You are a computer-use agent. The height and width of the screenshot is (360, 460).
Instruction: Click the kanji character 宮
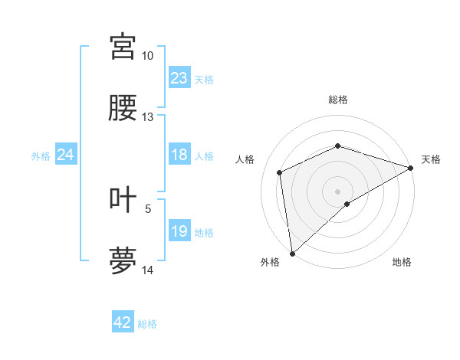click(123, 47)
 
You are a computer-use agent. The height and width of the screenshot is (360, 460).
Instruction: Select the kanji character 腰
click(123, 109)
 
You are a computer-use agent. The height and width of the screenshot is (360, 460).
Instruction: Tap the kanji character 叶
click(123, 200)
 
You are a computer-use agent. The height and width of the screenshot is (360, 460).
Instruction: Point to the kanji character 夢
click(123, 260)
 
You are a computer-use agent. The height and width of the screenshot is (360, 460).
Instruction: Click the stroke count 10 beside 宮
click(147, 56)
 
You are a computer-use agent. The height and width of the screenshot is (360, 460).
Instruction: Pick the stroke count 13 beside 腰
click(147, 117)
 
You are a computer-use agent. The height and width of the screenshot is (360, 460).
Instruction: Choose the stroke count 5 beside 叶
click(148, 208)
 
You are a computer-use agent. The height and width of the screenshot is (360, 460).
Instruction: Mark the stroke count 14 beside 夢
click(147, 270)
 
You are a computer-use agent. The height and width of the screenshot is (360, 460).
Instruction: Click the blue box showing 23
click(179, 78)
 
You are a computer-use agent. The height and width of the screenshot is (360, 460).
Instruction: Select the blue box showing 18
click(179, 155)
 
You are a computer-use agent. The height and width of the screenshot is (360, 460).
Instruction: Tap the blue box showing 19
click(179, 231)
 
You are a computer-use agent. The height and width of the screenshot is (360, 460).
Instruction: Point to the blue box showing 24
click(65, 155)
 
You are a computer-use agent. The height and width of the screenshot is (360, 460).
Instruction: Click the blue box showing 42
click(123, 323)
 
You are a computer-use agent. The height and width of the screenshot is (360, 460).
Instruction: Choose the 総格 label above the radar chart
click(337, 100)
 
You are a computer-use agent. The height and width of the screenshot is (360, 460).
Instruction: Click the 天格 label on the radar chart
click(431, 159)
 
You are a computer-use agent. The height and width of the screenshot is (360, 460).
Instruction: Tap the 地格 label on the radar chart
click(402, 262)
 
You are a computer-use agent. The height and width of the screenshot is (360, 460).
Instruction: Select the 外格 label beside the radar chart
click(270, 262)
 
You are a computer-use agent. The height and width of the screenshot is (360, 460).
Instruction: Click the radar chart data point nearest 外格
click(292, 254)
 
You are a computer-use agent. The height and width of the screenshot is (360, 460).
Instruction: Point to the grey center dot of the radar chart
click(337, 191)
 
